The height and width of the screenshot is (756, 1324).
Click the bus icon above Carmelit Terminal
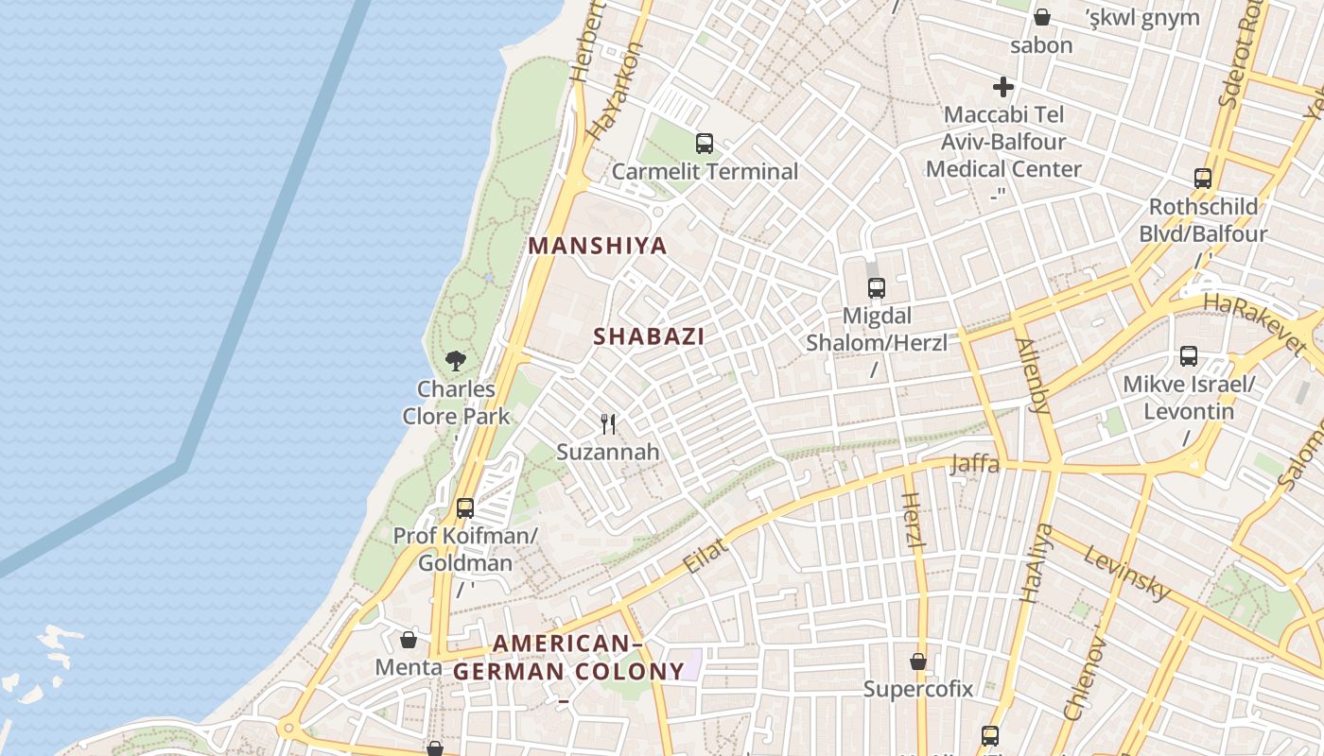(704, 144)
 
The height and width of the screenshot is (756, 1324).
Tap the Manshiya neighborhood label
(598, 246)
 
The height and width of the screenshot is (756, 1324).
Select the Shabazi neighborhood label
(649, 336)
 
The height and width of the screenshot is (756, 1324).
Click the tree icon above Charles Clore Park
(456, 360)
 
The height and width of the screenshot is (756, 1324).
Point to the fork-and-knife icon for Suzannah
(608, 424)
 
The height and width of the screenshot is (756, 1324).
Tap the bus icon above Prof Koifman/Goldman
(464, 508)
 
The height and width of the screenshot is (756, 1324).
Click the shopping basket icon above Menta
(409, 640)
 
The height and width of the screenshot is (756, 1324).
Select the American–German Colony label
(568, 658)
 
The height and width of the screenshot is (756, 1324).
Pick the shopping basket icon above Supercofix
(917, 661)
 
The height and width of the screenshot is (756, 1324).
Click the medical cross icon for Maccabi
(1003, 88)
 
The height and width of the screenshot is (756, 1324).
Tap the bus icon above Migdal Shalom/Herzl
(876, 288)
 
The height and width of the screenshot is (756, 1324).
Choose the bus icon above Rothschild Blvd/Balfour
(1202, 179)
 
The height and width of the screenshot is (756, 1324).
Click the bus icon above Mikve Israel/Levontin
(1189, 356)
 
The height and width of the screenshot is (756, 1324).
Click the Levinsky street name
(1127, 573)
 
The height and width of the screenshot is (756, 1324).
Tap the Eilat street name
(706, 556)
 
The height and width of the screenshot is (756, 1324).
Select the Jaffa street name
(974, 464)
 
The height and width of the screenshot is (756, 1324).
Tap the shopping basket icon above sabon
(1041, 17)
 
